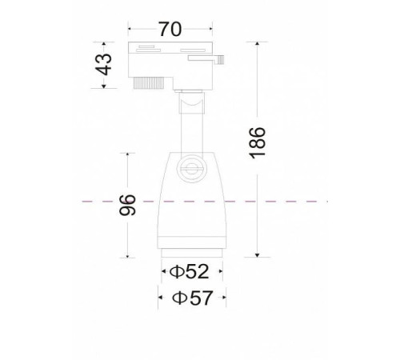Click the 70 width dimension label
170,29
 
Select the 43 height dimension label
104,65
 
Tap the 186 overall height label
258,143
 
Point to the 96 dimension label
127,205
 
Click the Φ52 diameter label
189,271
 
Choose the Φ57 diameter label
193,298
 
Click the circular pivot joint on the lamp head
191,169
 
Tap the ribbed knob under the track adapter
148,83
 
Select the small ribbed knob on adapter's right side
220,59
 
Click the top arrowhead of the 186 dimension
257,44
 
